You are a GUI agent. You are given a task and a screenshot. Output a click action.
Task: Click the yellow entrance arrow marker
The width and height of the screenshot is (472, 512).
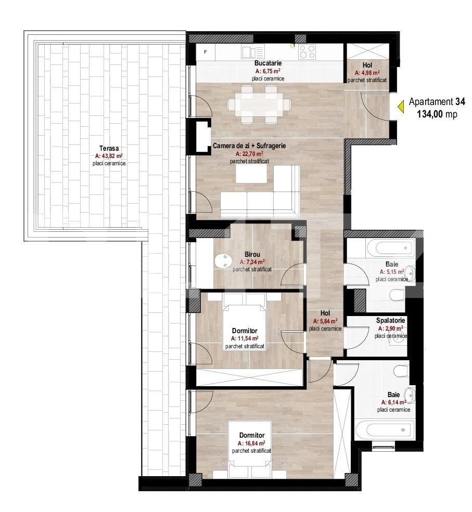[x=401, y=107]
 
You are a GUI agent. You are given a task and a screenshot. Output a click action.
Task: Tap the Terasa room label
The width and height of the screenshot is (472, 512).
[x=109, y=149]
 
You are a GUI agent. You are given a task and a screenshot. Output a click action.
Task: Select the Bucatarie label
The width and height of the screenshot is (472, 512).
[x=268, y=63]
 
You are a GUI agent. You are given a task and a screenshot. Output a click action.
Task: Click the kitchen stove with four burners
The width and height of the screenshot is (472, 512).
[x=307, y=52]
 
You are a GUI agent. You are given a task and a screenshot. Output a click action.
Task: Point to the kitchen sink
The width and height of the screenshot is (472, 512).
[x=253, y=52]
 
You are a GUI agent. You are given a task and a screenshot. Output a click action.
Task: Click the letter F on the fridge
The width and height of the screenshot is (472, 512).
[x=205, y=52]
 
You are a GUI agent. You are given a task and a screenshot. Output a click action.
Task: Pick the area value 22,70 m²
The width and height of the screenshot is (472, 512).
[x=249, y=153]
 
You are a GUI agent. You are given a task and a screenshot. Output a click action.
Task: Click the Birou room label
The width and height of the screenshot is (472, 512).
[x=252, y=254]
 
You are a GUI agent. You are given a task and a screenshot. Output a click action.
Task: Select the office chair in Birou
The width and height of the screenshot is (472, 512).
[x=221, y=260]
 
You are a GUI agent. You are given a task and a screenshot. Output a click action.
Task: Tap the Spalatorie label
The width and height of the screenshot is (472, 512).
[x=390, y=321]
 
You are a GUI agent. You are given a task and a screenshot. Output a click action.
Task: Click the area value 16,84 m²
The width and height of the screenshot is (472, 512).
[x=251, y=443]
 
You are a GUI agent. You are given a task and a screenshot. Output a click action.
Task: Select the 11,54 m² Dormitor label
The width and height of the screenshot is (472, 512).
[x=245, y=331]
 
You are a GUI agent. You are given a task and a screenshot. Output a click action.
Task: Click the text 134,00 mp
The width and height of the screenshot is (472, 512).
[x=437, y=114]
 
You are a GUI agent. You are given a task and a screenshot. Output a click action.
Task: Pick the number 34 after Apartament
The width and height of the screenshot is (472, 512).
[x=460, y=101]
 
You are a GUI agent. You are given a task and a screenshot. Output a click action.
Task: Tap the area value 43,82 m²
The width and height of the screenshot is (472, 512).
[x=109, y=156]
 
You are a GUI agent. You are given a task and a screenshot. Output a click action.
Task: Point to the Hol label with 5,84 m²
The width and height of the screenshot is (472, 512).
[x=325, y=313]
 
